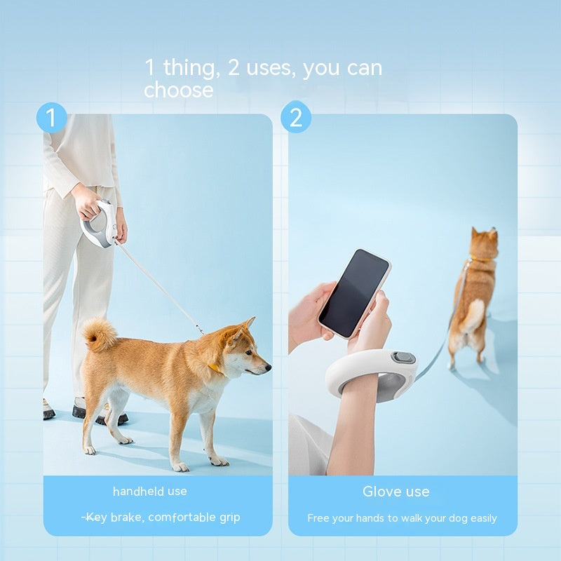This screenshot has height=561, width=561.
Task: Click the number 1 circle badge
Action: tap(51, 117)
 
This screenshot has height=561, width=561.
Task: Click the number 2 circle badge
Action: tap(296, 117)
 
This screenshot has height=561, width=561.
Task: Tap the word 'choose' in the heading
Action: tap(178, 90)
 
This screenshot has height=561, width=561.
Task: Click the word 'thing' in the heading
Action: tap(189, 68)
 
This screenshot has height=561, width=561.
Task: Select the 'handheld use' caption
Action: tap(150, 492)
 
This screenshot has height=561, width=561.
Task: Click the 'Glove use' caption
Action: tap(396, 492)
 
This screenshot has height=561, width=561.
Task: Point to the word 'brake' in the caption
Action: tap(126, 518)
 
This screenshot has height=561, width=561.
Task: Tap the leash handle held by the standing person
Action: tap(97, 223)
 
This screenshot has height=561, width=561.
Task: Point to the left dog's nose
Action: tap(267, 366)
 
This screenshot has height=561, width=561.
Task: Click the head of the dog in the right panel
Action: tap(485, 243)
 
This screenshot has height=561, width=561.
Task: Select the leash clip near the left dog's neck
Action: tap(201, 329)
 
